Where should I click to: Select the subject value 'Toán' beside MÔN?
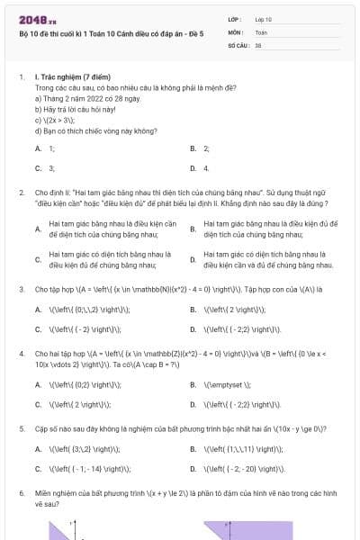coord(261,31)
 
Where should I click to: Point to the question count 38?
coord(258,44)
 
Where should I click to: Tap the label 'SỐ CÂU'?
coord(238,44)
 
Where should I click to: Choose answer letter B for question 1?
coord(193,148)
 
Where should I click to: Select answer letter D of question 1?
coord(193,168)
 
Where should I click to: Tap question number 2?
coord(21,193)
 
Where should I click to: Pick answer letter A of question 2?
coord(38,229)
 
